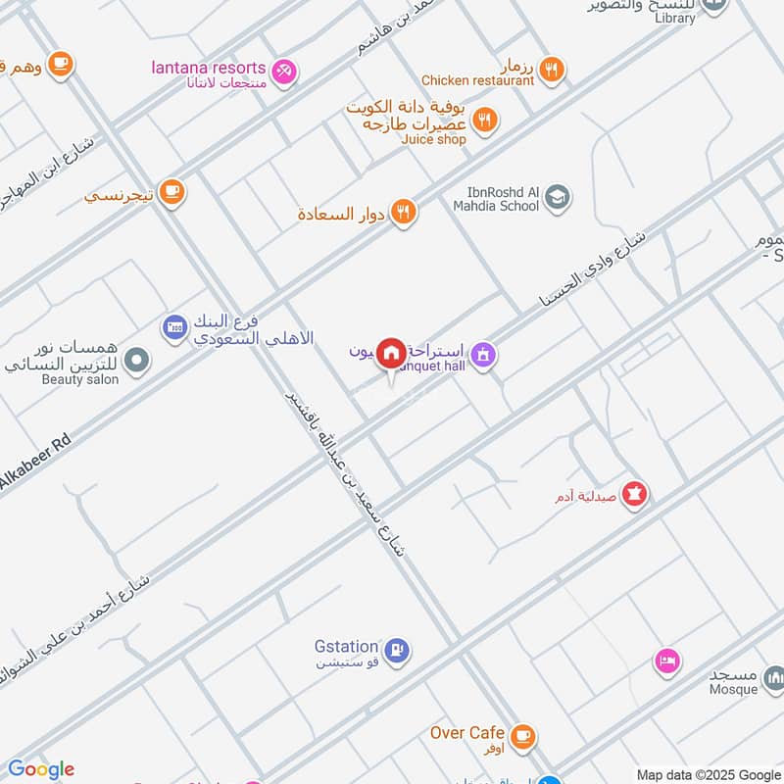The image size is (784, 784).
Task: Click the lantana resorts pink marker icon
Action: [284, 70]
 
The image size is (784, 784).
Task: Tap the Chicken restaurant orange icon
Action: [553, 69]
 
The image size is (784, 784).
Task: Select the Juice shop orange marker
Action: [484, 122]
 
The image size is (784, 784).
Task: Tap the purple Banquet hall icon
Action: [482, 354]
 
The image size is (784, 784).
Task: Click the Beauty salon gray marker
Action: [138, 361]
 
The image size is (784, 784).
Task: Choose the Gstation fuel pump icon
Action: [396, 649]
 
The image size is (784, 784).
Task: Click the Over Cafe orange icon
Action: [522, 734]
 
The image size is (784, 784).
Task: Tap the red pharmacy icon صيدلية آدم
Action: [635, 496]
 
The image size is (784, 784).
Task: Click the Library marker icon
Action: [715, 6]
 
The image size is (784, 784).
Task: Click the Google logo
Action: [41, 769]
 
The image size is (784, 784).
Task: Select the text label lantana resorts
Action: [209, 68]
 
